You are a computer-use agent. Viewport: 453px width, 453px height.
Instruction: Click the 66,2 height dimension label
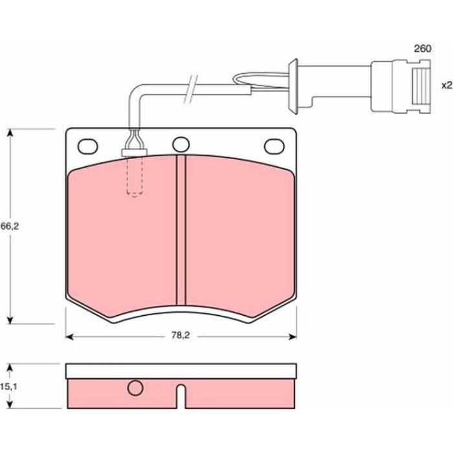point(10,226)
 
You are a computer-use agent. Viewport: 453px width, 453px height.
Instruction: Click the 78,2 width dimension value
point(181,335)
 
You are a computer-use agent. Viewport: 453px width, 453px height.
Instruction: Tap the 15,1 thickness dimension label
point(8,386)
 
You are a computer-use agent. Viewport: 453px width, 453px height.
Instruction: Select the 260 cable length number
point(423,49)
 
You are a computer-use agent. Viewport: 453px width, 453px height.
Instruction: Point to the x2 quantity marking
point(447,85)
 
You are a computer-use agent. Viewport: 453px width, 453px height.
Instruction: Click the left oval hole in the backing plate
point(88,146)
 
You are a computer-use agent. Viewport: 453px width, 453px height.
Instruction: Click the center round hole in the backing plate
point(181,144)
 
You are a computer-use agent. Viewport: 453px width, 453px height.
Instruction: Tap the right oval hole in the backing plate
point(274,146)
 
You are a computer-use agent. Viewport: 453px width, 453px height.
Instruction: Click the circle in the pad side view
point(135,388)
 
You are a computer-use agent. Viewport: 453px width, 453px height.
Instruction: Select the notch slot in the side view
point(181,396)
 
